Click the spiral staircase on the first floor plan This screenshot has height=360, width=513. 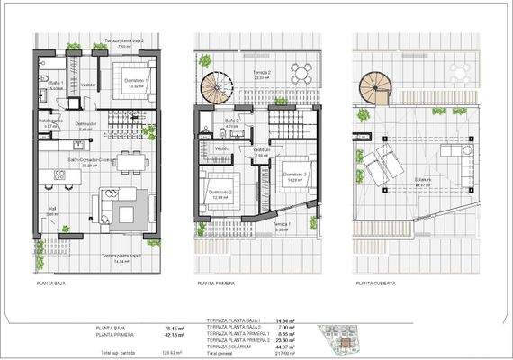[216, 90]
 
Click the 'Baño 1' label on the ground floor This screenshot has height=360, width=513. [55, 85]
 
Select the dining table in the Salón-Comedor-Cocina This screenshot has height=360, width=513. [129, 158]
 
